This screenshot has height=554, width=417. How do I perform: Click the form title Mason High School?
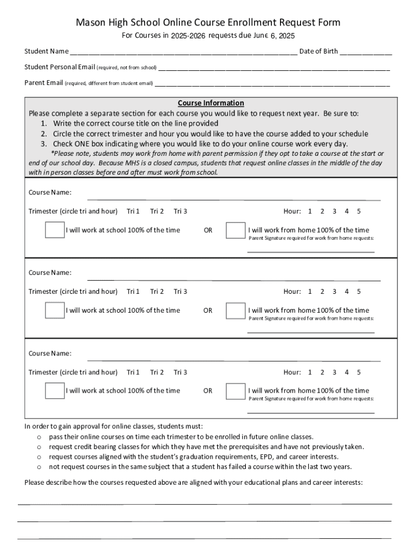208,22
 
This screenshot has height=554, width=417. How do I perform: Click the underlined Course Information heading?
211,103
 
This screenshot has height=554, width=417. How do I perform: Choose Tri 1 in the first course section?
133,211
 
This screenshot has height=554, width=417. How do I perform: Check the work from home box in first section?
235,230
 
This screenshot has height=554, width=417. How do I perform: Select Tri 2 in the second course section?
157,292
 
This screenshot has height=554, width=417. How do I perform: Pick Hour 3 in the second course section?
334,292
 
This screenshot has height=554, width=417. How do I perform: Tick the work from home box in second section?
235,311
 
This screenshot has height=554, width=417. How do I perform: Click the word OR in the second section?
208,311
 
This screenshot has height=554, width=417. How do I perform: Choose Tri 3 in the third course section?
180,372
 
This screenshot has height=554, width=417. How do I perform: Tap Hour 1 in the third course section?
310,372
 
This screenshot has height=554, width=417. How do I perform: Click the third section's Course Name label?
50,353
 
